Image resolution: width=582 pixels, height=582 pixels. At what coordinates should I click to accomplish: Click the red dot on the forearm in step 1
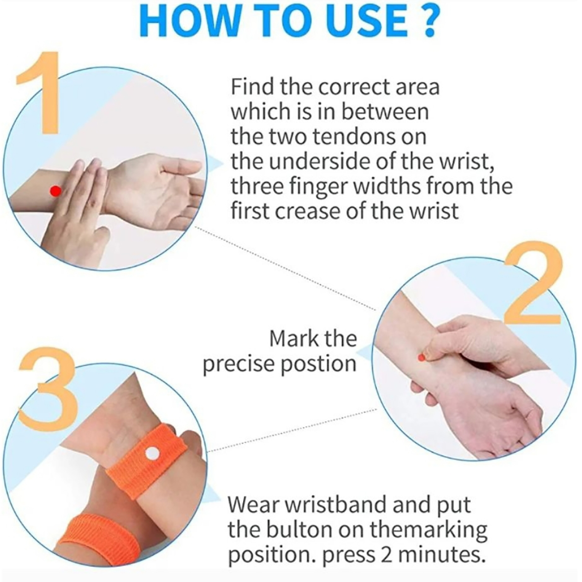click(x=55, y=191)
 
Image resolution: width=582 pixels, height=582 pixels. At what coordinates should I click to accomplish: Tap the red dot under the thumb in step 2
click(x=422, y=358)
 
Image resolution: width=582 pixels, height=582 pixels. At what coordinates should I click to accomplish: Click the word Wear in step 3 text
click(x=253, y=505)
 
